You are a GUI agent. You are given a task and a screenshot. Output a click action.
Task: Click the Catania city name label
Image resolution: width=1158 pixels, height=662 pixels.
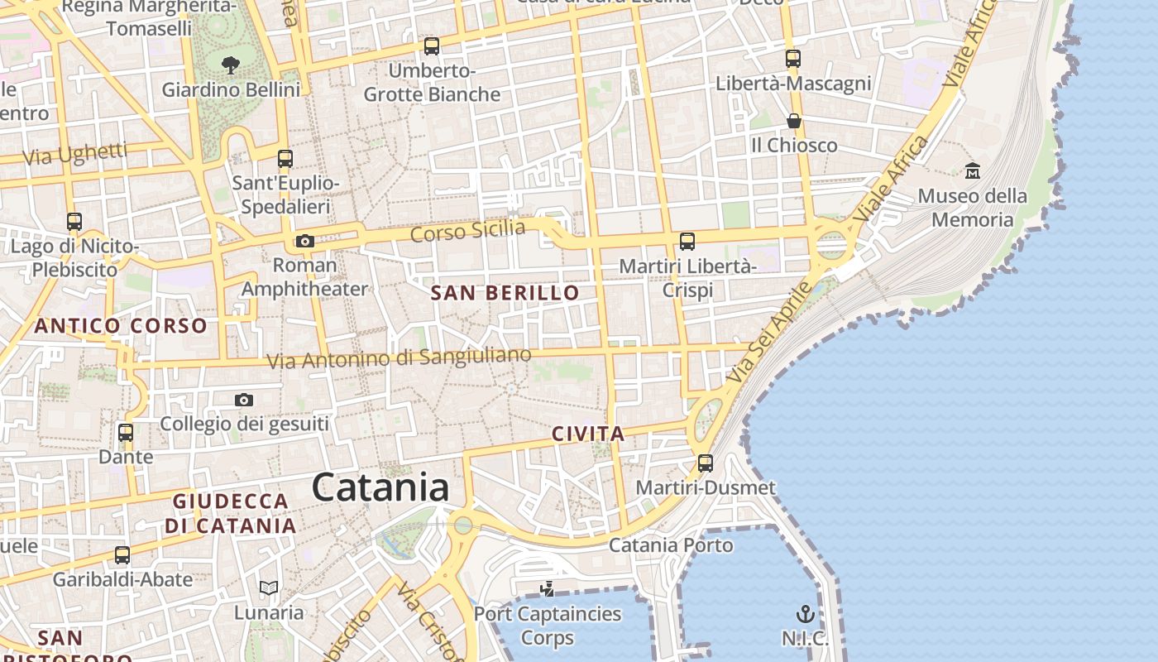[380, 487]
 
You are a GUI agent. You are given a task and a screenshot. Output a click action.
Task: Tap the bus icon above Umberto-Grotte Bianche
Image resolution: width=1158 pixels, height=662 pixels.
[431, 46]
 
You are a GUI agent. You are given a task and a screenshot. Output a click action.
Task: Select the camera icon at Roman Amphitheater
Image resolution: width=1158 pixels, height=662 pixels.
[304, 241]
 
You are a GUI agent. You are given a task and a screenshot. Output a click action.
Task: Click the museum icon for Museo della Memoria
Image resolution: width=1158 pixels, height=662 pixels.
[973, 171]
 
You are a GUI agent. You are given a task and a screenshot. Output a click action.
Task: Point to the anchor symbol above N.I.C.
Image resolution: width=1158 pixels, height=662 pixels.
[805, 613]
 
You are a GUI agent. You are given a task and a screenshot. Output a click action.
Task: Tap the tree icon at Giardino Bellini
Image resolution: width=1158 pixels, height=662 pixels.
[231, 64]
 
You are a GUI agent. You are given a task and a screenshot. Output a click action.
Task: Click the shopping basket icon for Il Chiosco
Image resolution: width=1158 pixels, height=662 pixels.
[793, 121]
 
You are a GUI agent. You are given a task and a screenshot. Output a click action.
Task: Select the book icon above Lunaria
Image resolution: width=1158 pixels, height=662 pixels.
[268, 588]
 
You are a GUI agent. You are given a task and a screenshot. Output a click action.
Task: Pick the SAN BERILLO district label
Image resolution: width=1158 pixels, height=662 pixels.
[505, 293]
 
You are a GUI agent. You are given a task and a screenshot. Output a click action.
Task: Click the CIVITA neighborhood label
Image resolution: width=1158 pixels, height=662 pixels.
[588, 434]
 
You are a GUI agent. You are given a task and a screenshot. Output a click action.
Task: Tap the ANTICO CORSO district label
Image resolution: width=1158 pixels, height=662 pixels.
[121, 325]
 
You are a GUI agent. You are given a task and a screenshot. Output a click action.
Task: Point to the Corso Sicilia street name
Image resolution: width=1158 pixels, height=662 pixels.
[467, 230]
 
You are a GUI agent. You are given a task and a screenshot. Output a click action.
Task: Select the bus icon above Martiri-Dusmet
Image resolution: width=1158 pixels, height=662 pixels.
[705, 463]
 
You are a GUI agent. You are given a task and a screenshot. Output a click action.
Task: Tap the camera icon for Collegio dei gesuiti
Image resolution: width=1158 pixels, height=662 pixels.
[243, 401]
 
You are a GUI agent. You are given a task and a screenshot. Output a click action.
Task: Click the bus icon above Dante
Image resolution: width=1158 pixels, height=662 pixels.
[126, 432]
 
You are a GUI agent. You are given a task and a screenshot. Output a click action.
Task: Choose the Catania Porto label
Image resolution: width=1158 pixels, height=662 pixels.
[671, 545]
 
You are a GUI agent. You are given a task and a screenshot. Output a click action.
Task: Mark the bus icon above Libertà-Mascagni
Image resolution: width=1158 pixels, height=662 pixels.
[793, 59]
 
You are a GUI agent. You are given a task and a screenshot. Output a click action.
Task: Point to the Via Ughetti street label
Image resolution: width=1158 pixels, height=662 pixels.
[75, 154]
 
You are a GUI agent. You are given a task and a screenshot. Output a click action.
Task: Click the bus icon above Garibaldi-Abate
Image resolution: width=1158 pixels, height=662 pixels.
[122, 554]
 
